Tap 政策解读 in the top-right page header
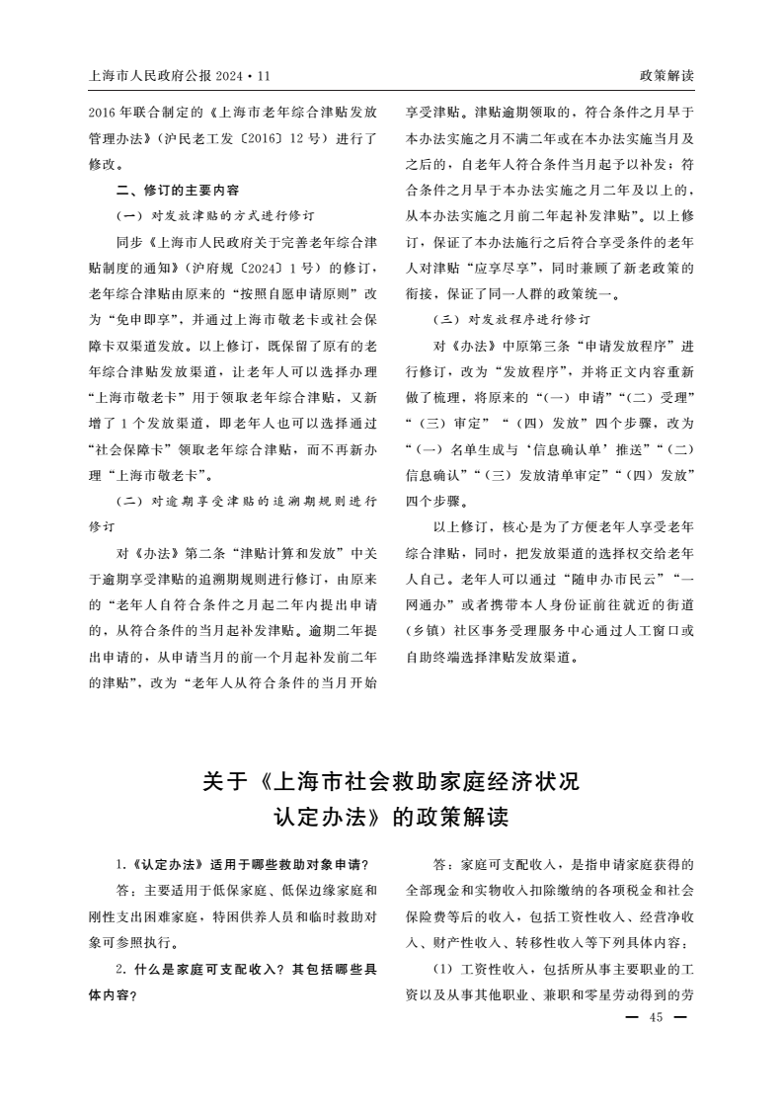(x=666, y=75)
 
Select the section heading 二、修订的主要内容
(x=177, y=189)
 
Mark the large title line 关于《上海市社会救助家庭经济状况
(x=390, y=782)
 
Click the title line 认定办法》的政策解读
(x=391, y=820)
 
